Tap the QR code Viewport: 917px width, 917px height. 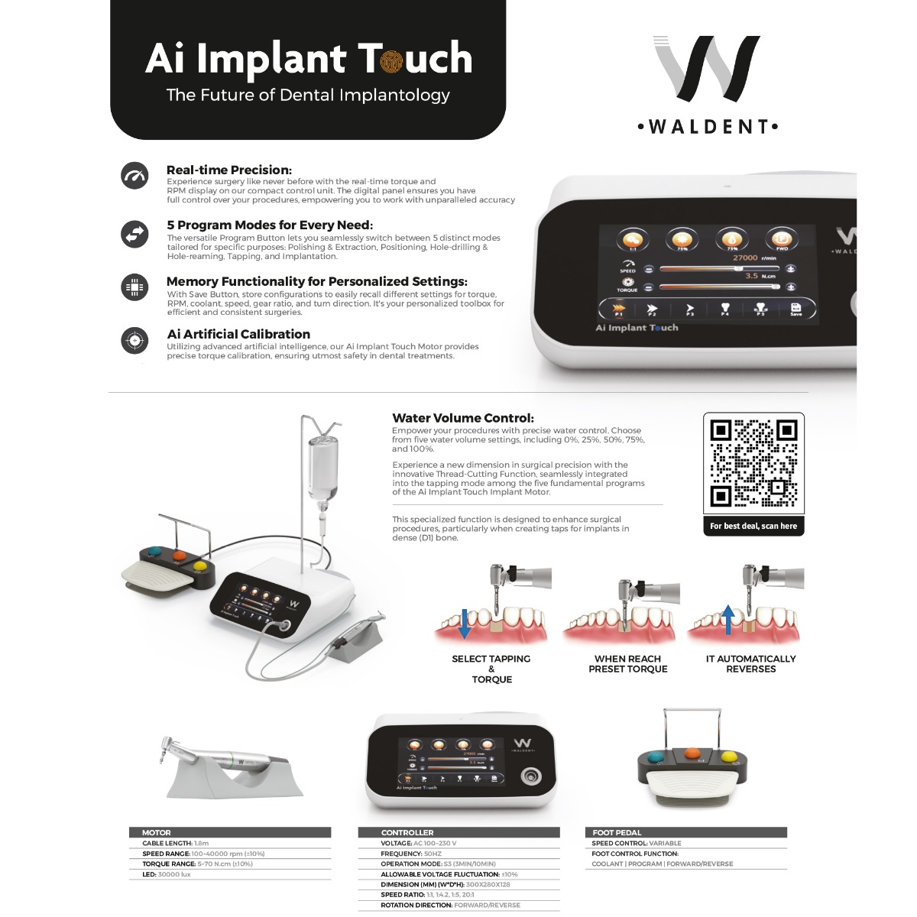click(x=753, y=463)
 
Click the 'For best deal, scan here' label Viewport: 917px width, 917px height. click(x=753, y=526)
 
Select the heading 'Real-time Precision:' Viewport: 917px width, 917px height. click(x=229, y=170)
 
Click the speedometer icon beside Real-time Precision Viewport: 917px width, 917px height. click(x=135, y=176)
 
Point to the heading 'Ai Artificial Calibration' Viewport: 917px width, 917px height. click(x=238, y=334)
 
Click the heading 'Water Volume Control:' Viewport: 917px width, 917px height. click(x=463, y=418)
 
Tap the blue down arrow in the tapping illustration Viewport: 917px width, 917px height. click(x=464, y=623)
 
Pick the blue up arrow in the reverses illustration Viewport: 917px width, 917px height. click(x=728, y=620)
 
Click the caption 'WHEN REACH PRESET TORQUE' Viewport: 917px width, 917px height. click(x=627, y=663)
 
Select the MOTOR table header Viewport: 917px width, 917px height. click(x=157, y=832)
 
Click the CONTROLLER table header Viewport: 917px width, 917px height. click(x=407, y=832)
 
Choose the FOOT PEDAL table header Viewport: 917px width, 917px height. click(x=617, y=832)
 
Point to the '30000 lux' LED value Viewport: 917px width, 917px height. click(x=174, y=874)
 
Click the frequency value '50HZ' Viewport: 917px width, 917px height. click(x=433, y=854)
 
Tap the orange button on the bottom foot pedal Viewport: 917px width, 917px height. click(x=692, y=752)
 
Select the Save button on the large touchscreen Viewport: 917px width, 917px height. click(x=795, y=309)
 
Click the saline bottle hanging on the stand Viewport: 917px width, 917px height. click(x=322, y=468)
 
